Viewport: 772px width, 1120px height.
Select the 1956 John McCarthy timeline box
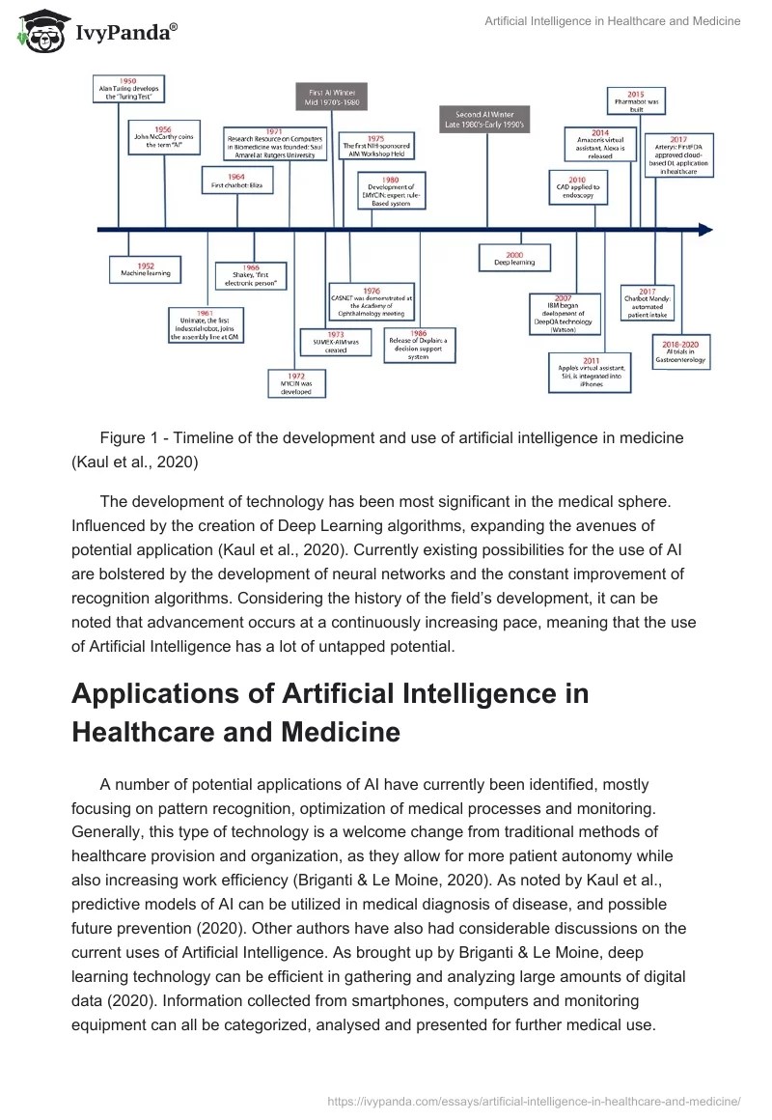[164, 139]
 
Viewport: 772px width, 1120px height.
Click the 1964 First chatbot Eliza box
[236, 181]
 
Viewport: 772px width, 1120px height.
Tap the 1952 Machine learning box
[145, 269]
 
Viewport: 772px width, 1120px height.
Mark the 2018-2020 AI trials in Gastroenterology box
[680, 353]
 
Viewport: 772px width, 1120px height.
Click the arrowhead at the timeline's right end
[705, 230]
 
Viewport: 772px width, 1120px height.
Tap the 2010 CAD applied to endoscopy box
[576, 186]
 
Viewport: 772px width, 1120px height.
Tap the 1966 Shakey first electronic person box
[251, 275]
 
